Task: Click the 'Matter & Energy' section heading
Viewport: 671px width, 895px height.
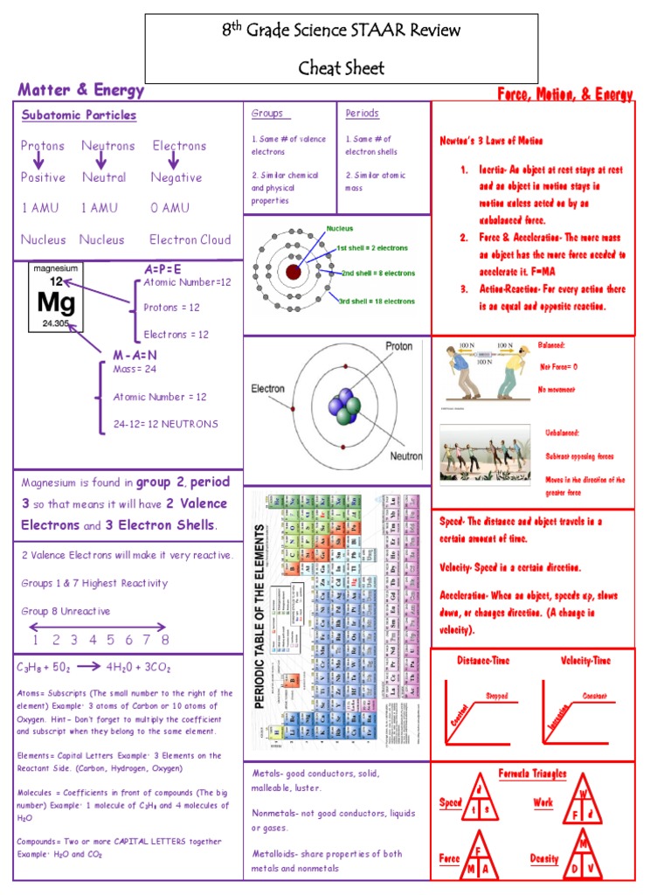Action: pyautogui.click(x=81, y=90)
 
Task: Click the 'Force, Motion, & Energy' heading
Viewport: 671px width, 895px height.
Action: pyautogui.click(x=565, y=94)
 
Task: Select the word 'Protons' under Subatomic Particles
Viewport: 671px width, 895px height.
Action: pyautogui.click(x=43, y=146)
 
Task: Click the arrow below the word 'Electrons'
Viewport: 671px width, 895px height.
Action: pyautogui.click(x=177, y=161)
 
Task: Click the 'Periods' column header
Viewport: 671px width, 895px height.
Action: pyautogui.click(x=362, y=114)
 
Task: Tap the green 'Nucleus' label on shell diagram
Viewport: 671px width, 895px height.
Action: pyautogui.click(x=340, y=229)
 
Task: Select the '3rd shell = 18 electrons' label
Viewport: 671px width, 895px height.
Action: pyautogui.click(x=377, y=301)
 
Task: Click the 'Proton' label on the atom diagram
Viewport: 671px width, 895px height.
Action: pyautogui.click(x=398, y=347)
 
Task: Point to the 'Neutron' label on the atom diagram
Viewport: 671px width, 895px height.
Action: pyautogui.click(x=405, y=456)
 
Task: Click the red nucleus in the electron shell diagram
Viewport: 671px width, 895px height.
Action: pyautogui.click(x=293, y=273)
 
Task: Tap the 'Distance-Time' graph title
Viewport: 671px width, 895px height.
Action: pyautogui.click(x=484, y=661)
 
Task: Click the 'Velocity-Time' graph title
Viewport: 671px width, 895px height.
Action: pyautogui.click(x=585, y=661)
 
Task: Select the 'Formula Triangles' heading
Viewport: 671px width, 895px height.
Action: pyautogui.click(x=532, y=774)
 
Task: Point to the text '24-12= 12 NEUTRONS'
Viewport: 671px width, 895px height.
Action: pyautogui.click(x=165, y=424)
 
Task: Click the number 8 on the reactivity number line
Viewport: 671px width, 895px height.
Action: pyautogui.click(x=164, y=640)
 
